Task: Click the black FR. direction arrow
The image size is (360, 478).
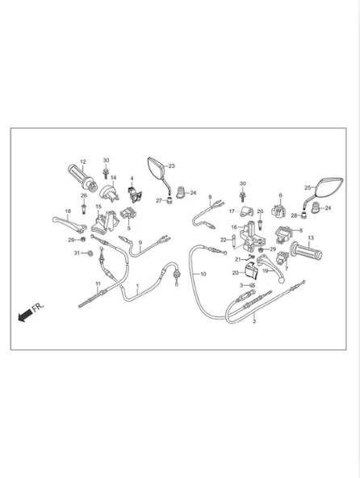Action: (25, 315)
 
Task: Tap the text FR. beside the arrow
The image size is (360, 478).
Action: (39, 307)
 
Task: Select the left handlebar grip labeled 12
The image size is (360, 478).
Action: (82, 176)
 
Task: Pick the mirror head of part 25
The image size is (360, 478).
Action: (329, 186)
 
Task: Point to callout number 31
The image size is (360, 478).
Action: (77, 253)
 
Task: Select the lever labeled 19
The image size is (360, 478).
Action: (271, 266)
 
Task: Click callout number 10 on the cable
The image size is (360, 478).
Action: (203, 274)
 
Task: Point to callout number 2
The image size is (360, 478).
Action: (254, 321)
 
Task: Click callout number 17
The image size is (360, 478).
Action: (232, 212)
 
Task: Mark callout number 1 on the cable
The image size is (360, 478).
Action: (137, 286)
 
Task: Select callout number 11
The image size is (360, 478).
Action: (98, 283)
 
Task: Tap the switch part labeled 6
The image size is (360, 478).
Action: (279, 211)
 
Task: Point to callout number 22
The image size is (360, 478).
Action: (224, 240)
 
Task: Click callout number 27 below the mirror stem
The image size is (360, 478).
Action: (159, 200)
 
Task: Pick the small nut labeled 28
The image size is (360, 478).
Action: (303, 215)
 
